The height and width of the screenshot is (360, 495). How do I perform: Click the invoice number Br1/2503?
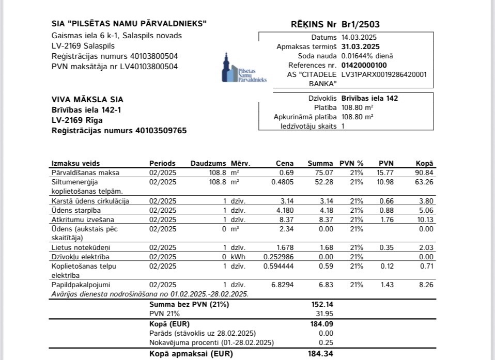361,24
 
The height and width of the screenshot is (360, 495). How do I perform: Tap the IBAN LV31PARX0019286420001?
384,74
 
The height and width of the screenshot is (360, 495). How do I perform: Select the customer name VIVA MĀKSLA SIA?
88,100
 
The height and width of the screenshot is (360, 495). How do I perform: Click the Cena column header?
285,163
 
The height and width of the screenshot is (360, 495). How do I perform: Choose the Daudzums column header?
208,163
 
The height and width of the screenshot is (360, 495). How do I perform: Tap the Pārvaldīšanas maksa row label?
86,173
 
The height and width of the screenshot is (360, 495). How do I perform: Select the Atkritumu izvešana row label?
81,219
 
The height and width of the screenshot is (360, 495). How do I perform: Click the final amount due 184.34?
322,354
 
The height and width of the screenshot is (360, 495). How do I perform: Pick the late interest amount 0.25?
327,343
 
